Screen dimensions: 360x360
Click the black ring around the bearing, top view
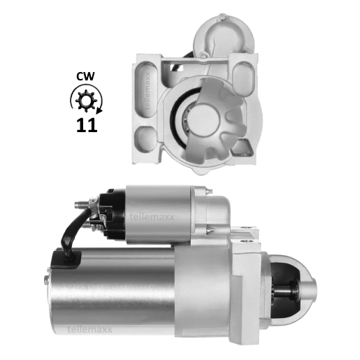click(x=183, y=115)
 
